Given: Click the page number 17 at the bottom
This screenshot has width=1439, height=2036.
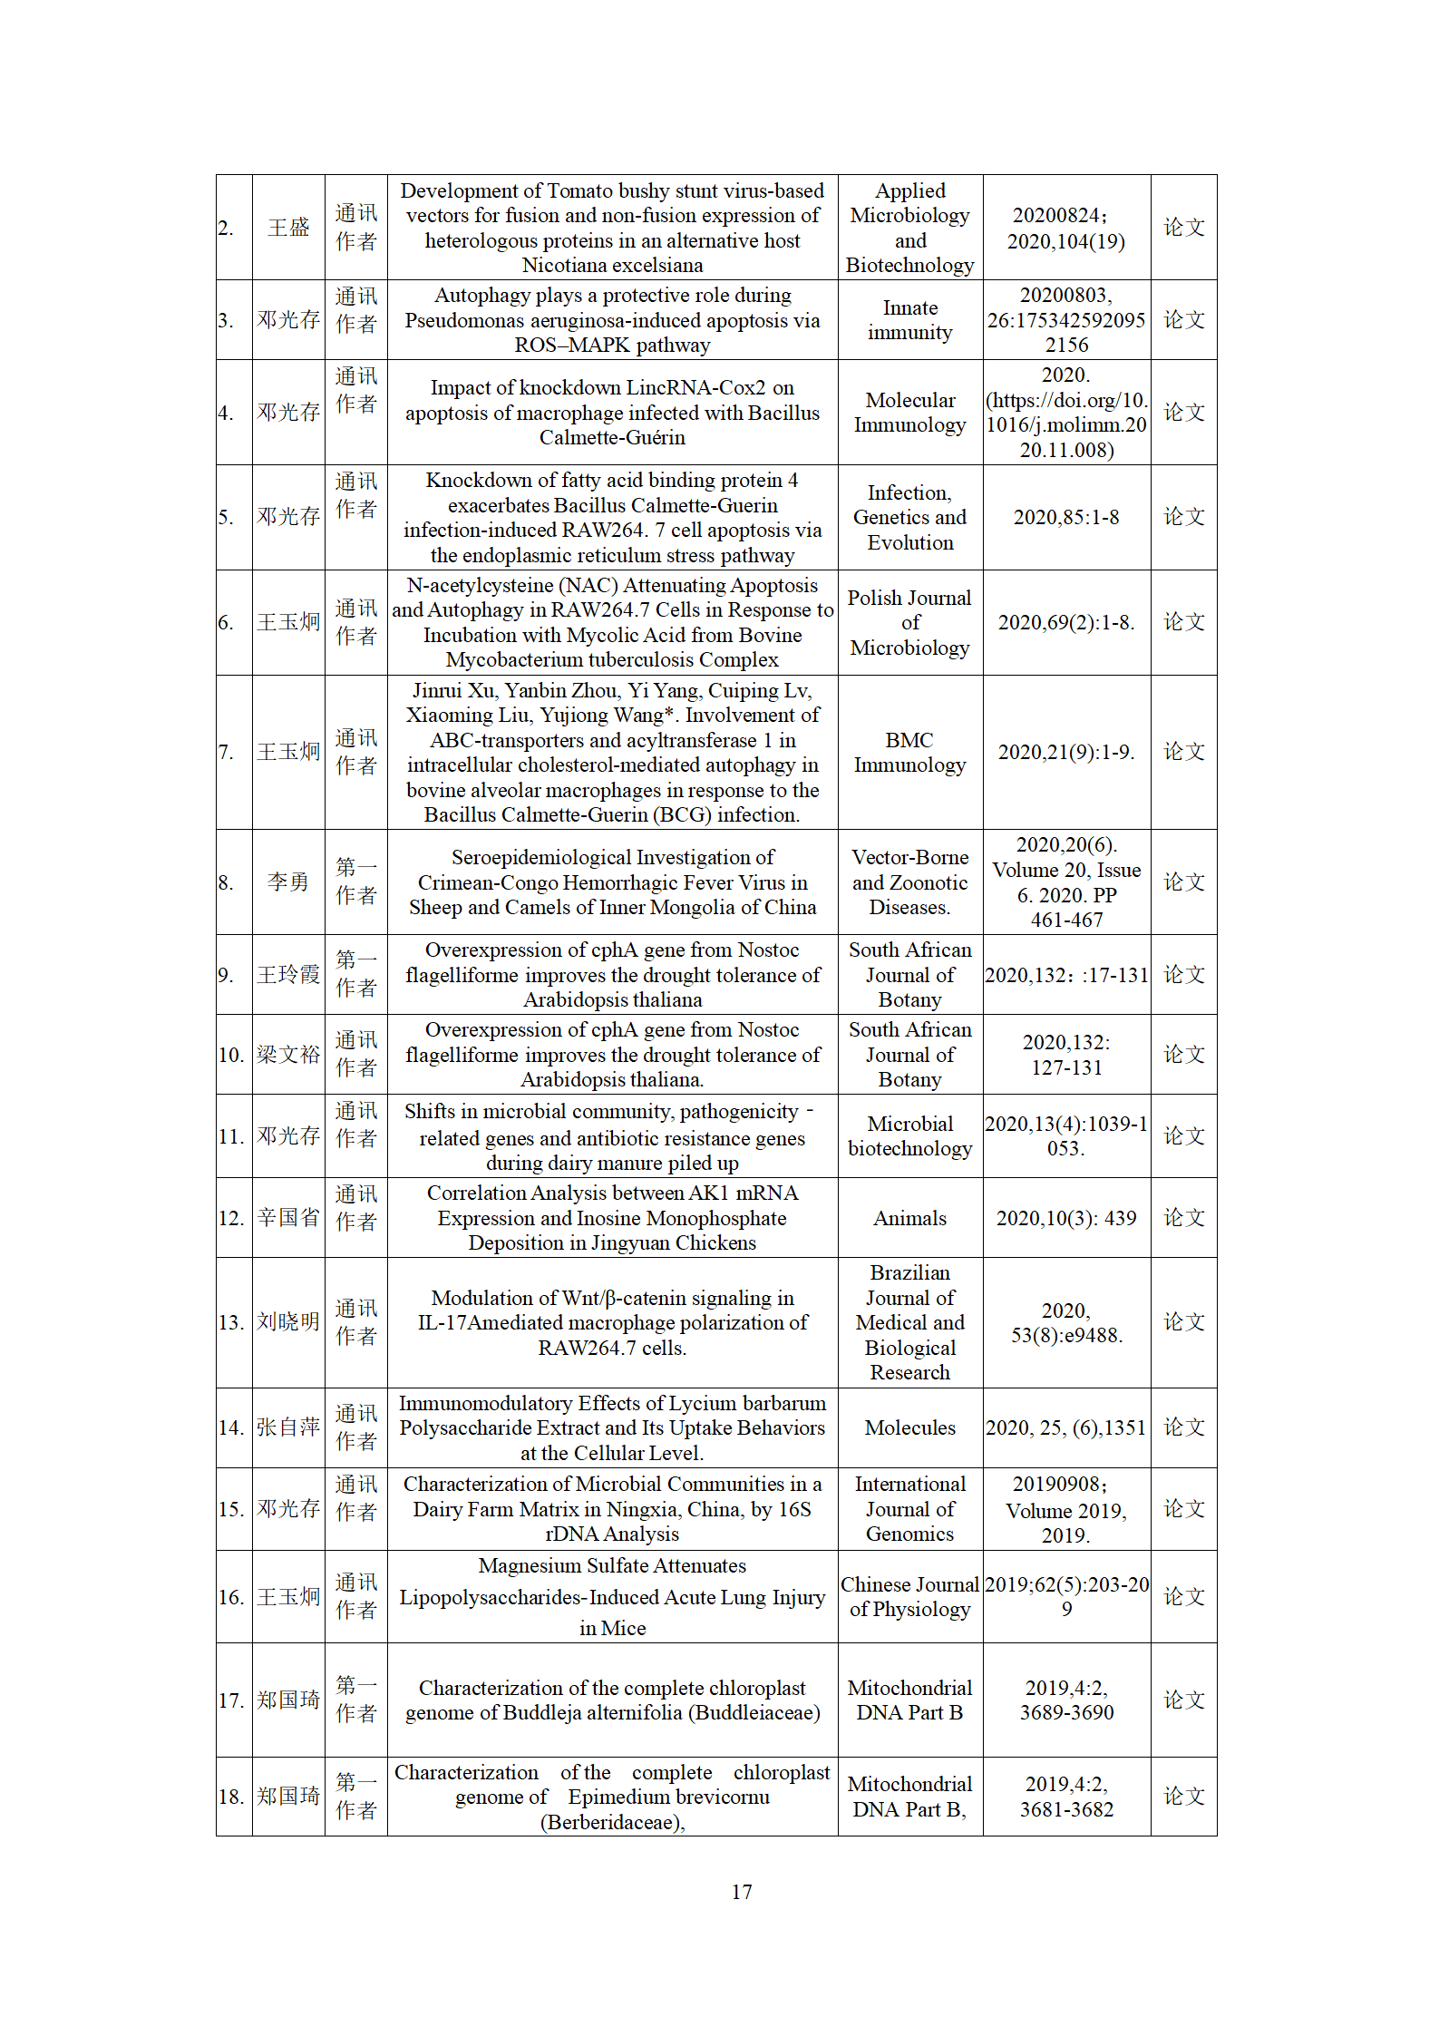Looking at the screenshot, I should (x=741, y=1891).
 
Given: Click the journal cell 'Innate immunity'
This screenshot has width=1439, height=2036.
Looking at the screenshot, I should (x=909, y=320).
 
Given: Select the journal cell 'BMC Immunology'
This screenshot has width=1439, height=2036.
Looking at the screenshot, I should (x=909, y=752).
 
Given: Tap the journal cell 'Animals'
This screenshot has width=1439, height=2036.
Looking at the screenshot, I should (x=909, y=1218).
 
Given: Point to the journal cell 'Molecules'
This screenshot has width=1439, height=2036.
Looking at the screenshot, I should (x=909, y=1427).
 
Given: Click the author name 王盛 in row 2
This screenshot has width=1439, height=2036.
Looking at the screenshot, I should (x=288, y=228).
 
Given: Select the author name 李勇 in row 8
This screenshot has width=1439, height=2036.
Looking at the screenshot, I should (x=288, y=882).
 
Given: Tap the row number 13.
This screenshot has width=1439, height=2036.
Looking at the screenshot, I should (x=232, y=1322).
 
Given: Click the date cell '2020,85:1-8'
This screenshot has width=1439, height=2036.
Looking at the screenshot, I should (x=1065, y=517).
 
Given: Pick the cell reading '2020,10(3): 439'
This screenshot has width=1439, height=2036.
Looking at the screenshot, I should (x=1065, y=1218).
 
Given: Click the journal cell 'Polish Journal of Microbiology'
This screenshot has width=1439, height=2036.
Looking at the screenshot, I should (x=909, y=622).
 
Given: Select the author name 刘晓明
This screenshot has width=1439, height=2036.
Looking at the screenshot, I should (x=288, y=1322).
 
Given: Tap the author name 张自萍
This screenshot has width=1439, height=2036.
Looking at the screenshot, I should (x=288, y=1427).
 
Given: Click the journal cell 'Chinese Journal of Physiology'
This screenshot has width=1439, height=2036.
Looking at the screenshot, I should (x=909, y=1596).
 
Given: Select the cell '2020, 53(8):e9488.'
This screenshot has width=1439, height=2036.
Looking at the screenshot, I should (x=1065, y=1322).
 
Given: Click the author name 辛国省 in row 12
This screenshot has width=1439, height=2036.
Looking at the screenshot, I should (x=288, y=1218).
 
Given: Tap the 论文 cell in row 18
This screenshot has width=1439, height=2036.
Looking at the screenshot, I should (x=1183, y=1796).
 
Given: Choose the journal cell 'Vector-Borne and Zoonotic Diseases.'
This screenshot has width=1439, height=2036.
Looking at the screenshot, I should (x=909, y=882).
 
